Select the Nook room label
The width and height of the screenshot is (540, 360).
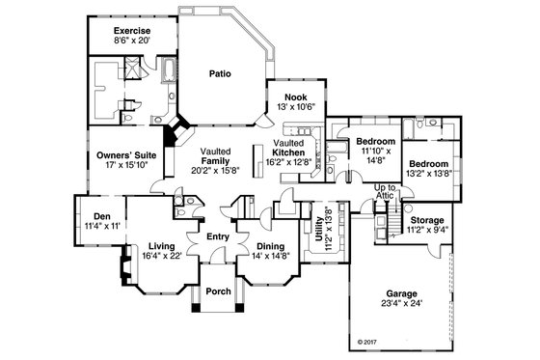click(x=296, y=96)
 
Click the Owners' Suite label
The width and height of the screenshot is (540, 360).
click(x=125, y=154)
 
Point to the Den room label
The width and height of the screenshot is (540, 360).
click(x=94, y=215)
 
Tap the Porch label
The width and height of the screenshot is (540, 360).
click(x=219, y=291)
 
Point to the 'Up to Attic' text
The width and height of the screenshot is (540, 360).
click(x=386, y=191)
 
